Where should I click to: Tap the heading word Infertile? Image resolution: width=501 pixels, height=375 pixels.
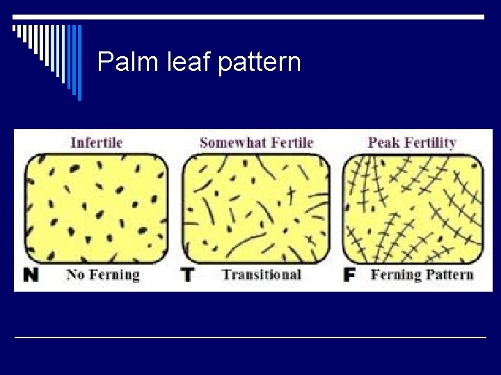(97, 143)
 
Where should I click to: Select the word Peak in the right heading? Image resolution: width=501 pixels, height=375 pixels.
(383, 143)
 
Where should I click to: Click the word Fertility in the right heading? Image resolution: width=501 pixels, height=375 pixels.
(429, 144)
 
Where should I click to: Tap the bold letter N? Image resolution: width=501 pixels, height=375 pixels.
(31, 275)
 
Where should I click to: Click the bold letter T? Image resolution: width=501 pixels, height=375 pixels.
(187, 275)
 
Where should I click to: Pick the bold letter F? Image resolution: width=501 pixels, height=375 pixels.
(350, 275)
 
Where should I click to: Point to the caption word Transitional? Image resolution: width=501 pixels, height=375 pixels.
(262, 274)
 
